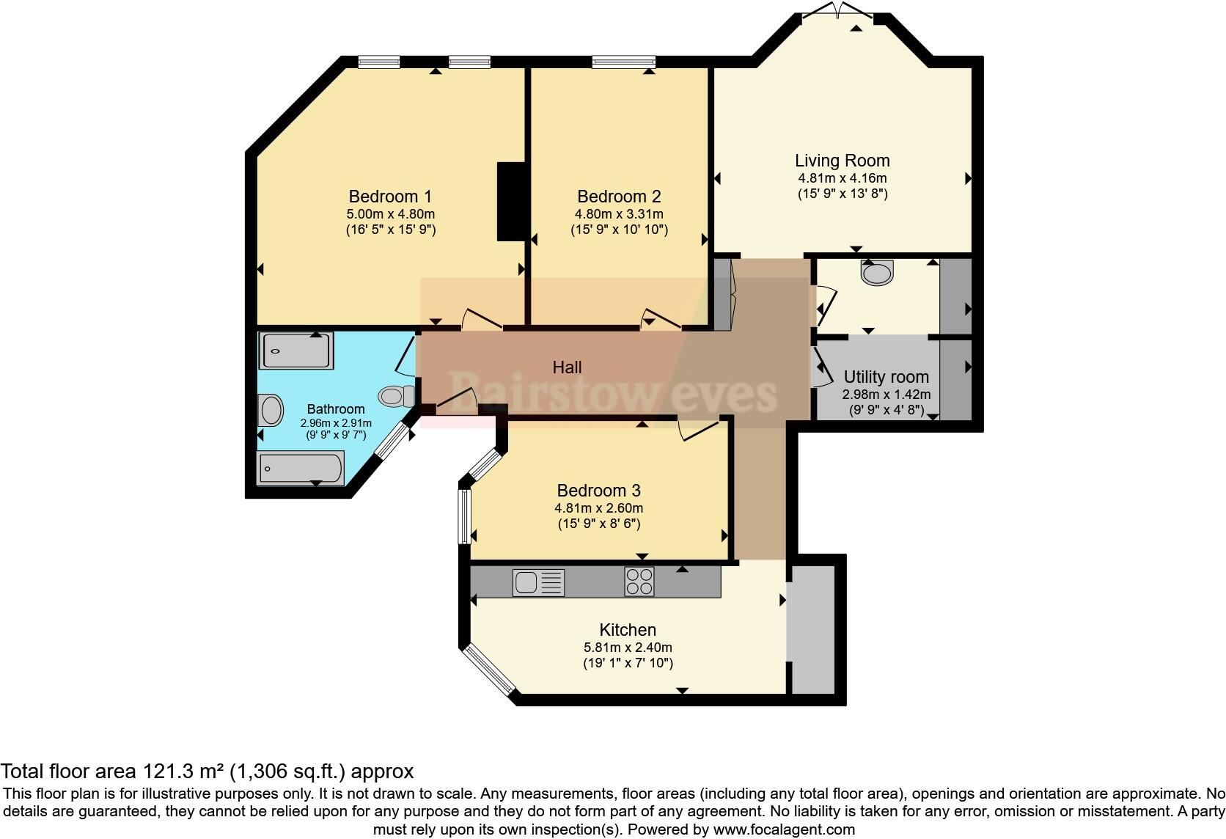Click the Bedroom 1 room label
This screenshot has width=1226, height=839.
tap(390, 197)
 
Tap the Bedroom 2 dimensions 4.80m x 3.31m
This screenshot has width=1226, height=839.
tap(619, 214)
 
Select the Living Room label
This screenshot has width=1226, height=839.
tap(843, 161)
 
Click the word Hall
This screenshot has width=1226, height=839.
tap(567, 367)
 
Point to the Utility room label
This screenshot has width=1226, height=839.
tap(886, 377)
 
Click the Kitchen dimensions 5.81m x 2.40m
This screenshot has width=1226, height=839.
tap(628, 648)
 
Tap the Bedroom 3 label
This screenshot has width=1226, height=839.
tap(598, 491)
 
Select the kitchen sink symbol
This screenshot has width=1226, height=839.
tap(539, 582)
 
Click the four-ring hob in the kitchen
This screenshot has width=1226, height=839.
tap(639, 582)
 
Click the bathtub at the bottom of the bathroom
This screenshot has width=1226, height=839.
tap(301, 468)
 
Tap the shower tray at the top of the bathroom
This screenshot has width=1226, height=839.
tap(296, 351)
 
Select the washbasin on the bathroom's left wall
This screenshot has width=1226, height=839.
tap(271, 411)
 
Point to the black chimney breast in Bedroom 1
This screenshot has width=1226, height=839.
tap(511, 201)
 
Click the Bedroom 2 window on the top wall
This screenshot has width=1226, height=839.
tap(624, 62)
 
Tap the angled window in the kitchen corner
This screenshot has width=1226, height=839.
tap(491, 670)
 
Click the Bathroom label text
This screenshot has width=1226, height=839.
tap(336, 409)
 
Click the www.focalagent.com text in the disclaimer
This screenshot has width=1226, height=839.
tap(784, 829)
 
